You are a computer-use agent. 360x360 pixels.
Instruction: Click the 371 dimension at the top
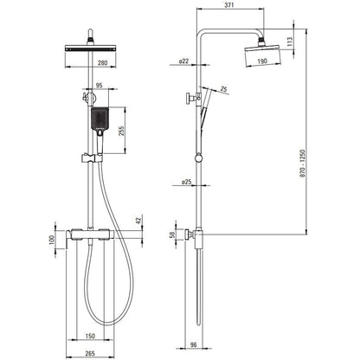(x=229, y=5)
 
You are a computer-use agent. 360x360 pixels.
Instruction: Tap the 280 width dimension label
(x=102, y=62)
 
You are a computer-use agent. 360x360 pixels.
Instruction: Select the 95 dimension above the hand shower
(x=99, y=85)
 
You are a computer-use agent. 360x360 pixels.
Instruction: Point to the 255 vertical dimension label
(x=121, y=132)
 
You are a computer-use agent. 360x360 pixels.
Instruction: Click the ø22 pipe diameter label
(x=183, y=61)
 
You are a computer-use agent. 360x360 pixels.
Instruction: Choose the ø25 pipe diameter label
(x=187, y=182)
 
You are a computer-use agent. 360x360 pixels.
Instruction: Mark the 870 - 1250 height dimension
(x=303, y=164)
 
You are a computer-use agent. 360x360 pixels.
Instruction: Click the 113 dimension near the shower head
(x=290, y=42)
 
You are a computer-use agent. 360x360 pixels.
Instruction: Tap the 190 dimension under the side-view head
(x=262, y=61)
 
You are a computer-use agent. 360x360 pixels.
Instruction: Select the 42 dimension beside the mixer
(x=139, y=221)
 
